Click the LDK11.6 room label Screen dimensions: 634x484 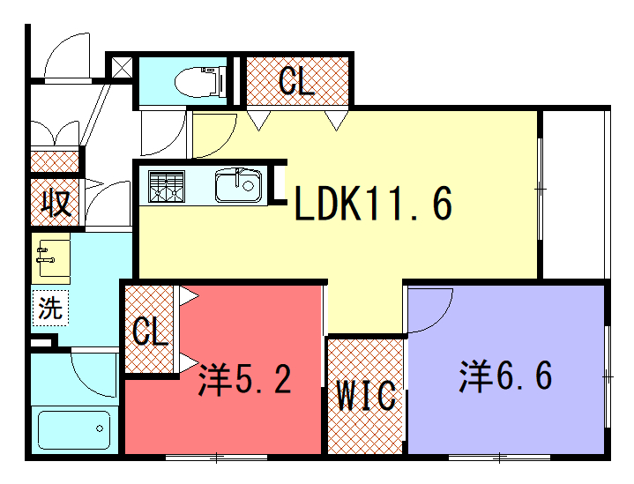click(x=373, y=204)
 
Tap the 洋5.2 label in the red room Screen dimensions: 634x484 click(x=245, y=379)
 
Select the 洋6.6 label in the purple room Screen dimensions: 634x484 click(x=505, y=376)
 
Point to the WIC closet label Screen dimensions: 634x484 click(x=366, y=395)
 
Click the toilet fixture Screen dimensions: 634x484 click(x=201, y=82)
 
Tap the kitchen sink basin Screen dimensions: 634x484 click(x=238, y=186)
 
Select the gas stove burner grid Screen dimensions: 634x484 click(x=166, y=186)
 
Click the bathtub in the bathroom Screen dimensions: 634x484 click(x=74, y=430)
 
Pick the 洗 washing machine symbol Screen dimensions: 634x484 click(x=50, y=308)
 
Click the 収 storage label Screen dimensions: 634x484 click(x=56, y=202)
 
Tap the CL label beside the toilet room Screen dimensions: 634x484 click(x=297, y=81)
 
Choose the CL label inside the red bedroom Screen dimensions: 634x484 click(x=150, y=331)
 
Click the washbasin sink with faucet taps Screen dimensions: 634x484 click(x=51, y=257)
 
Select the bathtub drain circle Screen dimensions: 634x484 click(x=100, y=428)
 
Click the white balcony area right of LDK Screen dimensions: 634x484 click(x=573, y=194)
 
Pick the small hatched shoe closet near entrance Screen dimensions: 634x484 click(x=55, y=161)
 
